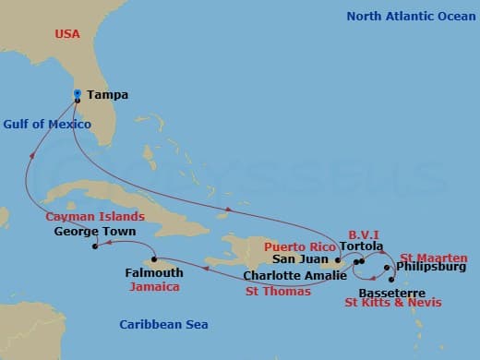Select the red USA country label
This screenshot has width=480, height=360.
[x=67, y=34]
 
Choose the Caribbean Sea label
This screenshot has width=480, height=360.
[x=163, y=324]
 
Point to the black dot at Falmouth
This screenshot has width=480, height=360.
[x=154, y=259]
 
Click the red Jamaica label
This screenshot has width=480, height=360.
[x=153, y=287]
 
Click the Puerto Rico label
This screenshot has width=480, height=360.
[x=299, y=247]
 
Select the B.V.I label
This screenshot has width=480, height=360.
[x=364, y=235]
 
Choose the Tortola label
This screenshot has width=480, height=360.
[x=361, y=247]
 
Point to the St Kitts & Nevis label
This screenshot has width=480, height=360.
[x=393, y=303]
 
